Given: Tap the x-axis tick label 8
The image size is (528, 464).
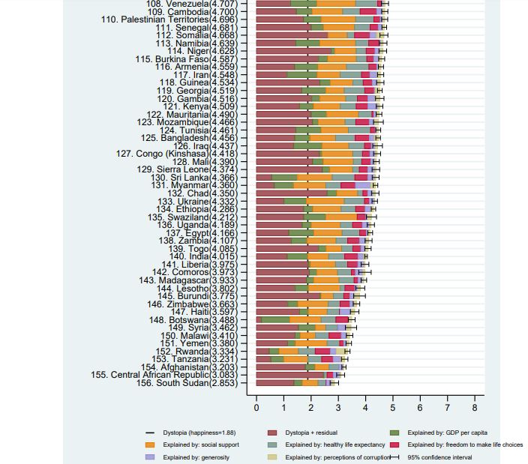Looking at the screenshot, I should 474,407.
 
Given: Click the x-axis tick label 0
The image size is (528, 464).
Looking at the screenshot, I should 256,407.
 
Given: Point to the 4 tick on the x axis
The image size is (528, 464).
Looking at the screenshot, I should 365,407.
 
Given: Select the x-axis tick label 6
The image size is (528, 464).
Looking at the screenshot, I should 419,407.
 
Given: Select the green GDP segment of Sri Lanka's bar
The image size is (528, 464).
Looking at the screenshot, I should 285,177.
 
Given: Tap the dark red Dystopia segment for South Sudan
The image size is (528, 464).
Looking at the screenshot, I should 274,383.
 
